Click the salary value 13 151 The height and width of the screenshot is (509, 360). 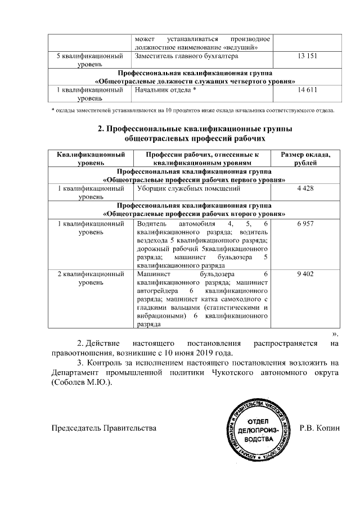tap(307, 57)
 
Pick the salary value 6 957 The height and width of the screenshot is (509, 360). tap(307, 224)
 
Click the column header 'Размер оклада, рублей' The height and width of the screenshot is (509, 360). tap(308, 159)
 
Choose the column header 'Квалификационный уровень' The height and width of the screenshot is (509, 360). tap(91, 159)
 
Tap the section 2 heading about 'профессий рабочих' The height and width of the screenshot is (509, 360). tap(195, 133)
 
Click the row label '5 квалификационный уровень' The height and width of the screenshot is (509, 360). tap(91, 61)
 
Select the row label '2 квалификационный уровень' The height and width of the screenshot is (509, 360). tap(91, 278)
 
